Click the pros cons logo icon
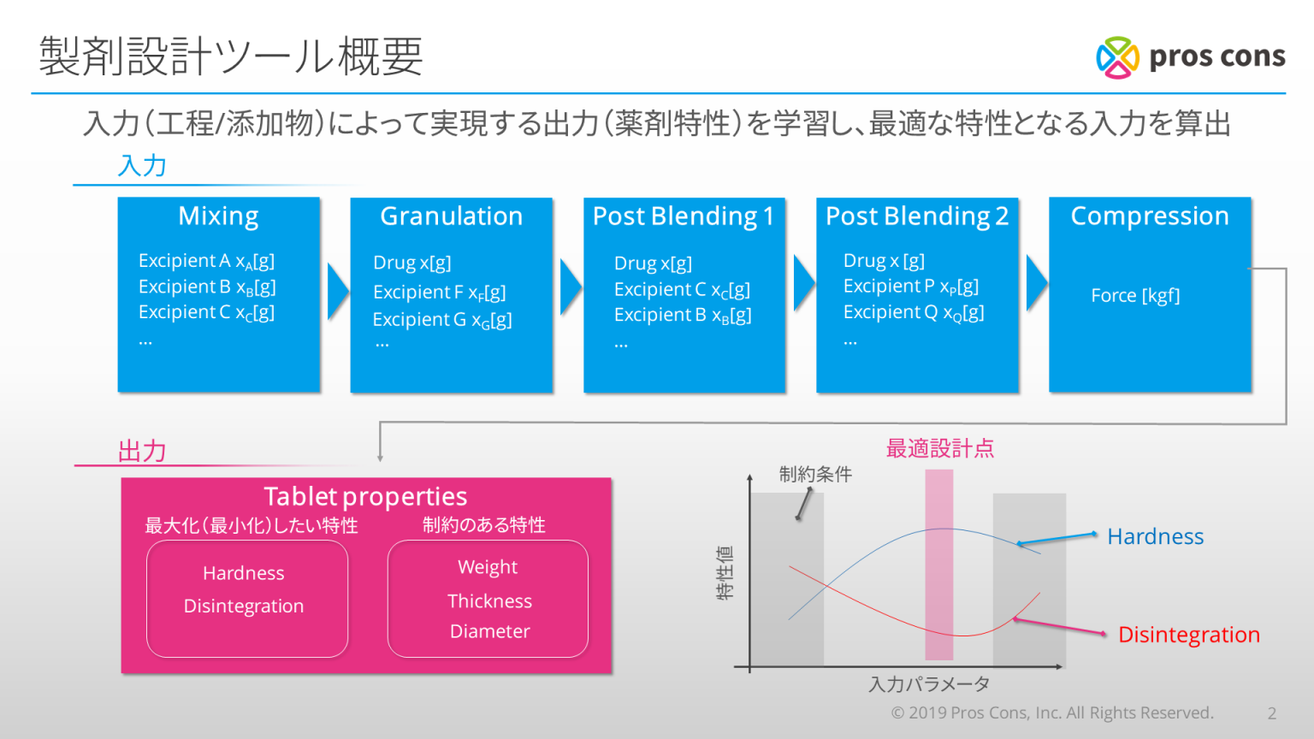[1117, 57]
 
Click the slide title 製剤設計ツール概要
[231, 56]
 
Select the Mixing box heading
[218, 216]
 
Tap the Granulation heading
[451, 216]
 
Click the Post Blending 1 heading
[684, 216]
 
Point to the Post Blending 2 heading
[917, 216]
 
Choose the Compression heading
[1150, 216]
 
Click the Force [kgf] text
[1135, 295]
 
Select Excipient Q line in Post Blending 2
[914, 312]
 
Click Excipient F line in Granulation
[440, 292]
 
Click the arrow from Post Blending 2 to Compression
[1037, 283]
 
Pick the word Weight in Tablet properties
[488, 567]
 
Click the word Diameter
[490, 631]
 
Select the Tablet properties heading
[365, 496]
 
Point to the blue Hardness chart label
[1155, 536]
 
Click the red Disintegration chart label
[1189, 635]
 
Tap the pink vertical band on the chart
[939, 565]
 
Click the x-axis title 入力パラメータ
[929, 684]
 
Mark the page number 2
[1272, 713]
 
